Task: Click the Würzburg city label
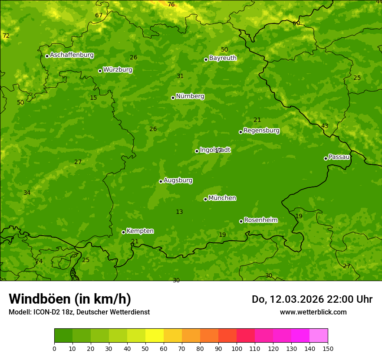click(x=118, y=70)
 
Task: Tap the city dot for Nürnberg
click(x=173, y=98)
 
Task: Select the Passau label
click(x=339, y=157)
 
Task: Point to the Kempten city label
click(x=140, y=231)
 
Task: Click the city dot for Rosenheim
click(x=241, y=221)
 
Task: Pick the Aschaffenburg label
click(x=72, y=55)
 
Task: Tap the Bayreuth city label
click(x=223, y=58)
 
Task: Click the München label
click(x=222, y=198)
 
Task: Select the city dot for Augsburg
click(x=161, y=181)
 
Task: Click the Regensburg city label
click(x=261, y=131)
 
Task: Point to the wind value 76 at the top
click(x=171, y=4)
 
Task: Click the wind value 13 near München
click(x=179, y=212)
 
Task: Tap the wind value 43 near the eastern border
click(x=325, y=126)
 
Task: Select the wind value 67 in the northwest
click(x=99, y=15)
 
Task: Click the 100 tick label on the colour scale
click(x=237, y=348)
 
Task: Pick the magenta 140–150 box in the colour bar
click(x=319, y=336)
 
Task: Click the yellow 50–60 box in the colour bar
click(x=155, y=336)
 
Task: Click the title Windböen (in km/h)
click(x=70, y=299)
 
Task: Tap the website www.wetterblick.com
click(x=313, y=312)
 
